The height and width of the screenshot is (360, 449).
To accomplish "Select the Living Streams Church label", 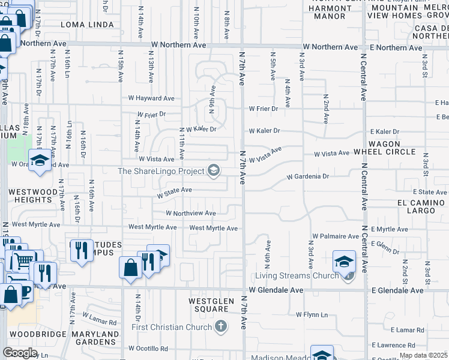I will [297, 276].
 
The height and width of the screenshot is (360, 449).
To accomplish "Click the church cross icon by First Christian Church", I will [221, 327].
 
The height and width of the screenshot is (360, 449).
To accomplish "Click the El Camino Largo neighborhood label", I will [424, 206].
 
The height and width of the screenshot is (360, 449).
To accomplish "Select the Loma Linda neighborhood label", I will [87, 25].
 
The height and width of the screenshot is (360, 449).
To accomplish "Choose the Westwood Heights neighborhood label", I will [33, 196].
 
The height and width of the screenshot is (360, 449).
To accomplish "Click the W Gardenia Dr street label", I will [308, 177].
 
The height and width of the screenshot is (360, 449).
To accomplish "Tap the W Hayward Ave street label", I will [151, 98].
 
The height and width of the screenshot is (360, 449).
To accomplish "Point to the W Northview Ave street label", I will [190, 213].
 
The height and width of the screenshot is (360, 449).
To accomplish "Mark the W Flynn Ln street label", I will [312, 314].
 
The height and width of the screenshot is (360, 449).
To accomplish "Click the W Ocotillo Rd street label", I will [148, 349].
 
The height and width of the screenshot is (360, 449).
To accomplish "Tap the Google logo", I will [20, 353].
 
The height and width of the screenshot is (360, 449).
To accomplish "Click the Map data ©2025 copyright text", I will [423, 355].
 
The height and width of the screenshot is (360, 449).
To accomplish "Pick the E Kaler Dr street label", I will [384, 131].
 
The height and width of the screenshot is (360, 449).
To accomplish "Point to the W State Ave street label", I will [174, 190].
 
